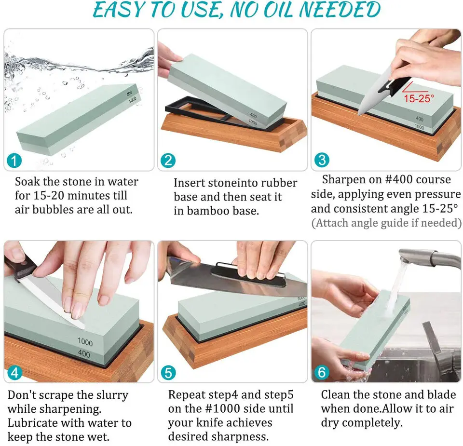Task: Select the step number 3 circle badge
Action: pyautogui.click(x=322, y=160)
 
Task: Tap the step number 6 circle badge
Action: pyautogui.click(x=322, y=372)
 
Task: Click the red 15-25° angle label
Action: pyautogui.click(x=419, y=98)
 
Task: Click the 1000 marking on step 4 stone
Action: pyautogui.click(x=85, y=342)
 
